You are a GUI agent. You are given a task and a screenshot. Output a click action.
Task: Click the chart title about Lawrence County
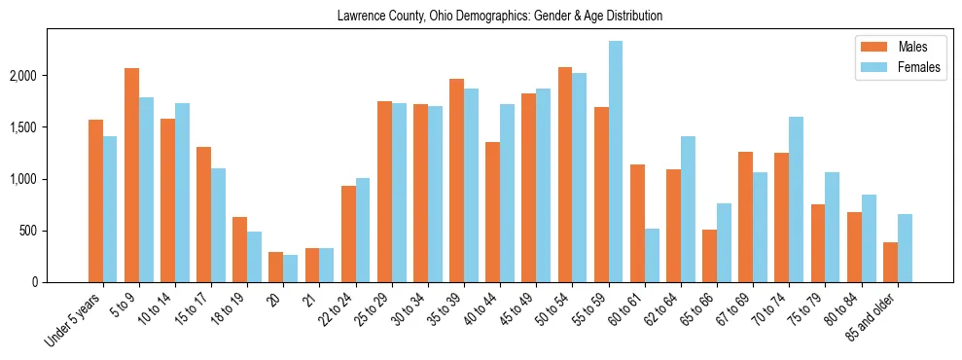click(499, 17)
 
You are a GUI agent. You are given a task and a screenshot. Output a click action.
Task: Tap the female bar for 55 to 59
click(616, 162)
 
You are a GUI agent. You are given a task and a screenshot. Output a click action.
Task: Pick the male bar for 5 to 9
click(131, 175)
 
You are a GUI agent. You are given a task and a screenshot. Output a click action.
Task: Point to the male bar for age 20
click(276, 268)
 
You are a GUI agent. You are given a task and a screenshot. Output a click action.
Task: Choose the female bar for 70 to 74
click(796, 199)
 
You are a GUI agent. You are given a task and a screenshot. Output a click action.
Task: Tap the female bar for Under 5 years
click(110, 209)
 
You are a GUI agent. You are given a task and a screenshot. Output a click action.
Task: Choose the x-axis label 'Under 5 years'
click(75, 319)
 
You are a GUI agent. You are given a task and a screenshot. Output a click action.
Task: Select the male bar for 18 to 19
click(239, 250)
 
